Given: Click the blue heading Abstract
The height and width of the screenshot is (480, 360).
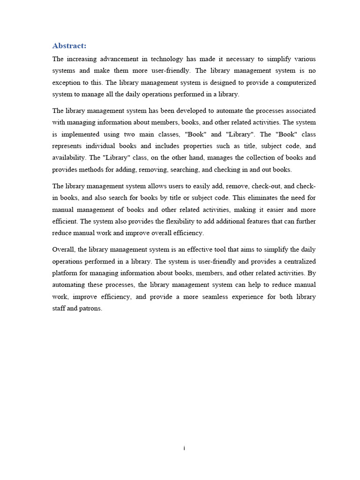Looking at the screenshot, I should (69, 45).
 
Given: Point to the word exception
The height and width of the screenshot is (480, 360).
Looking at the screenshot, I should (67, 82).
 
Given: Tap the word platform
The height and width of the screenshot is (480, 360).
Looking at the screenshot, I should (65, 273).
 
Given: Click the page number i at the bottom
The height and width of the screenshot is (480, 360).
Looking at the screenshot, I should (184, 449).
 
